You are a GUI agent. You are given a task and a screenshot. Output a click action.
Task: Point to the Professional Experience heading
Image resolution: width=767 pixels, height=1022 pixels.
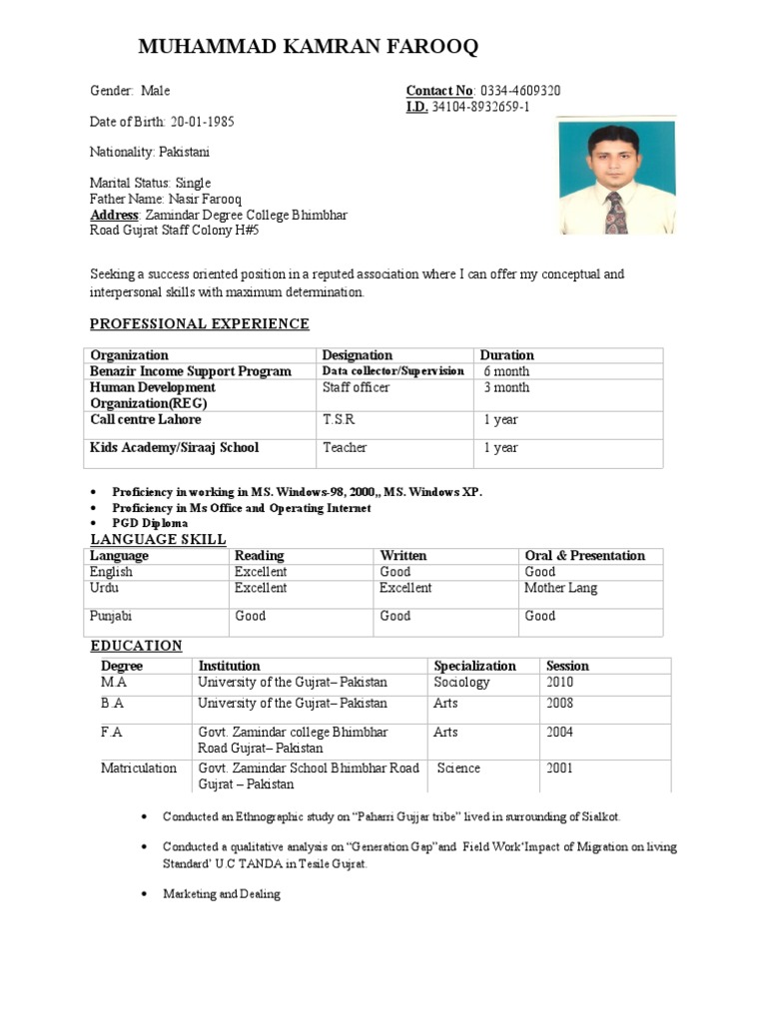(200, 324)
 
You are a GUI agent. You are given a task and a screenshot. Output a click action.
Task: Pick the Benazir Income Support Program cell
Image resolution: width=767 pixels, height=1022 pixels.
(191, 371)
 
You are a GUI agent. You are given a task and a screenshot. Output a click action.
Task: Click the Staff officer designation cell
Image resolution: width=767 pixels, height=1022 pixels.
(356, 387)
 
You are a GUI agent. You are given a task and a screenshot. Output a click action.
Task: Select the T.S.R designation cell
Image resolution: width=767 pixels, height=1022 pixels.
(339, 420)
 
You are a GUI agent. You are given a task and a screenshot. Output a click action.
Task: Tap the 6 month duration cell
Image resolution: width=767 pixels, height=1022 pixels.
(506, 371)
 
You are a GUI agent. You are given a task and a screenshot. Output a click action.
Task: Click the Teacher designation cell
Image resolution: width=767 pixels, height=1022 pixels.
(345, 448)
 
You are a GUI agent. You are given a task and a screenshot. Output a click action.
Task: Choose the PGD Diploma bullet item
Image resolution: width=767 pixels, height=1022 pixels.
(150, 523)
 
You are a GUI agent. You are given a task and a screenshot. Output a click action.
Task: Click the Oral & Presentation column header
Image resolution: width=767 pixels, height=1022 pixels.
(584, 556)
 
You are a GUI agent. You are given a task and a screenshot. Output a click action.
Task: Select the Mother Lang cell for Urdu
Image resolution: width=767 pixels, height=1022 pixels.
(560, 588)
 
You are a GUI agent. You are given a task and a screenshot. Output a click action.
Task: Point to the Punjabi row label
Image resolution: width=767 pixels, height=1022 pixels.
(112, 616)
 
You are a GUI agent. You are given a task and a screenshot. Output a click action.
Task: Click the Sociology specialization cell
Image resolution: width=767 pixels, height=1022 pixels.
(461, 683)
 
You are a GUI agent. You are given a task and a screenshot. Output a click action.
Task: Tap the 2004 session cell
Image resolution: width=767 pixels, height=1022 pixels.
(560, 733)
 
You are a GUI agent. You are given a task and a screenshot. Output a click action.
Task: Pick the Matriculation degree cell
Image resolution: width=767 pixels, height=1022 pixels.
(139, 768)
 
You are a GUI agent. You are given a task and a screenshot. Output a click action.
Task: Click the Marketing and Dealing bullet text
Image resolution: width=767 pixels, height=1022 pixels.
(222, 894)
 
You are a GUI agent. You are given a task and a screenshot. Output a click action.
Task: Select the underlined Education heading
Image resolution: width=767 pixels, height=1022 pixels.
(137, 646)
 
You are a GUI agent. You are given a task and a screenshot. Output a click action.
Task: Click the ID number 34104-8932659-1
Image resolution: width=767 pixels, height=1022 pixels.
(480, 107)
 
